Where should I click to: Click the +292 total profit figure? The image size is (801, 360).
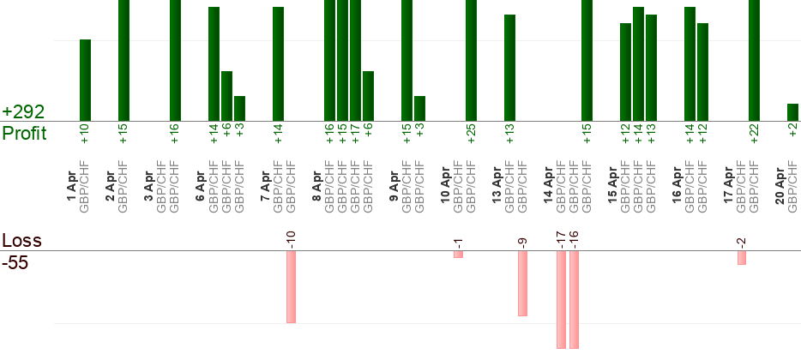point(24,112)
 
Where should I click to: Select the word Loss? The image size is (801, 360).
point(21,241)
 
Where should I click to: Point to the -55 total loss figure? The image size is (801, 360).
point(16,263)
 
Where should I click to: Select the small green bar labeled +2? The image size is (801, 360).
point(792,112)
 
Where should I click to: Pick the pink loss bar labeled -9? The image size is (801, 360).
point(522,283)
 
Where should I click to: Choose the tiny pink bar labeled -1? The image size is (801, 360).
point(458,255)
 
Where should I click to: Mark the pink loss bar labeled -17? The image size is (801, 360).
point(561,299)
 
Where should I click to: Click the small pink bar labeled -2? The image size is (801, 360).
point(741,257)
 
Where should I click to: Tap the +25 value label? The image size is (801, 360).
point(471,135)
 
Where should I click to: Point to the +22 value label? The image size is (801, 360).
point(754,135)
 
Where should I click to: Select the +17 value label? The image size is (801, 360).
point(355,135)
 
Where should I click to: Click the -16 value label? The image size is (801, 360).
point(574,236)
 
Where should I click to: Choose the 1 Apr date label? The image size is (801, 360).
point(72,187)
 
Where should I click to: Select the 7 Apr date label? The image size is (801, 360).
point(265,187)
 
